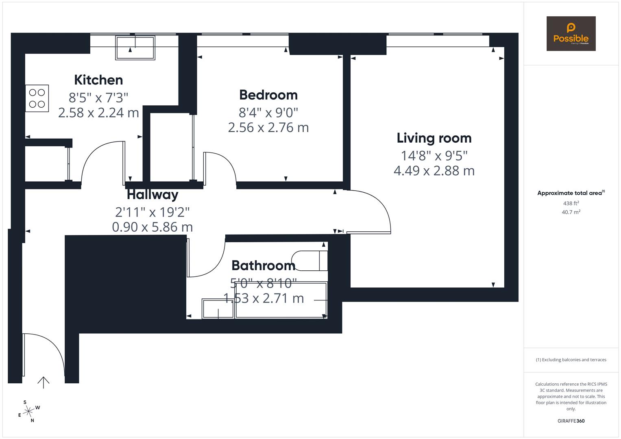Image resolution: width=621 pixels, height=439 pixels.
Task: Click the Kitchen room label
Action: click(98, 80)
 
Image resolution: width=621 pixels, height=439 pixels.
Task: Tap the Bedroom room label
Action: click(268, 95)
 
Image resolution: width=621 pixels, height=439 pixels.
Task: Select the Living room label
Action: click(434, 138)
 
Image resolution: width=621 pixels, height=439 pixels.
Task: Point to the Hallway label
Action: click(153, 195)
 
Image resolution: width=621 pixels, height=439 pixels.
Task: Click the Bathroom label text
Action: click(263, 265)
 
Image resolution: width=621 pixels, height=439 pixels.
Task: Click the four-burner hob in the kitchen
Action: click(37, 98)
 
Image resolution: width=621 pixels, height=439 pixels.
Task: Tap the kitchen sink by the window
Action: click(135, 48)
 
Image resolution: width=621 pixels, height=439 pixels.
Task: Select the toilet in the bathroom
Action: click(310, 261)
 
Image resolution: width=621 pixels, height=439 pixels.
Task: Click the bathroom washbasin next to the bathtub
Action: click(218, 309)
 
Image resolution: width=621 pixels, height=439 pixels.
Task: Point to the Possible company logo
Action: click(571, 34)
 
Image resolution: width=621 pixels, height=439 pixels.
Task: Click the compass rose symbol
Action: click(28, 411)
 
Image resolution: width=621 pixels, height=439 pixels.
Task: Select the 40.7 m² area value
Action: click(571, 212)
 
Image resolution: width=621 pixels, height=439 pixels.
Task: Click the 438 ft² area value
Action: click(571, 203)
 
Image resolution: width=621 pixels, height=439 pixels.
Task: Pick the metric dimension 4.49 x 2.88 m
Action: click(434, 171)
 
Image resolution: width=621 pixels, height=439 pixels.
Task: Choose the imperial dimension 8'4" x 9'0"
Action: click(268, 112)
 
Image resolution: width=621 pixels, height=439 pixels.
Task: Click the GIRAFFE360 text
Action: click(571, 421)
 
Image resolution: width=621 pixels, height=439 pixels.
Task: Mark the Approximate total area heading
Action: click(570, 193)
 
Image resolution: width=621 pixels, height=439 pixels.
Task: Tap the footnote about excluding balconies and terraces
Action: click(571, 360)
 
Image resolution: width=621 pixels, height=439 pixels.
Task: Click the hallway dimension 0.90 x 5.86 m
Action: click(153, 227)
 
